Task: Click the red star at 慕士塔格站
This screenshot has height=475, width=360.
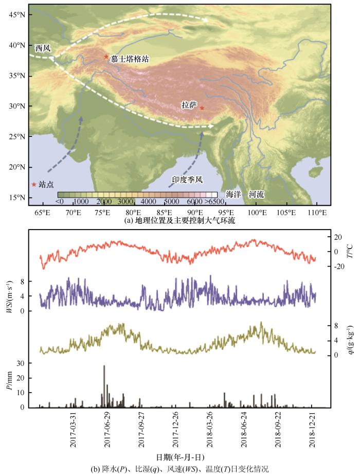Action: point(106,57)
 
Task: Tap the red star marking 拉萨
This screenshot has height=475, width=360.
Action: point(202,108)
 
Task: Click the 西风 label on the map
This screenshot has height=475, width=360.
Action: point(43,48)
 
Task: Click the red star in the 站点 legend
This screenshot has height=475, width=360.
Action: point(34,184)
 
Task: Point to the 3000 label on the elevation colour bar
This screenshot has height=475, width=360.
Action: point(126,201)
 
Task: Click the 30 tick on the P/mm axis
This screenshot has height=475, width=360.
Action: point(22,363)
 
